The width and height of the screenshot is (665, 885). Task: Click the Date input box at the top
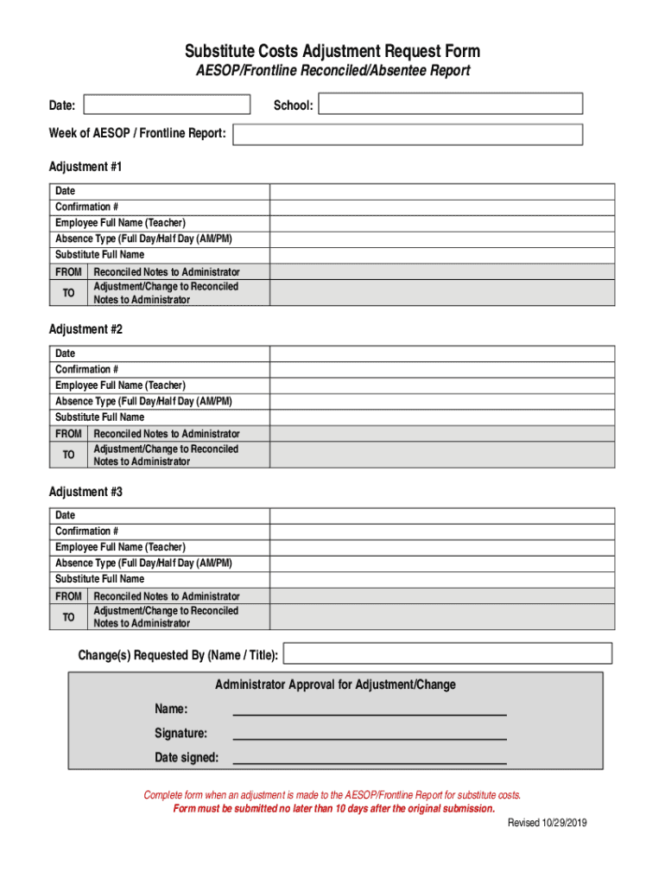click(166, 105)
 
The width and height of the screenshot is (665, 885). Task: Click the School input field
click(450, 105)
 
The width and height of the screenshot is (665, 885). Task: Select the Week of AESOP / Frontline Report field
click(408, 134)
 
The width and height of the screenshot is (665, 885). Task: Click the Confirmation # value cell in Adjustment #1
click(442, 207)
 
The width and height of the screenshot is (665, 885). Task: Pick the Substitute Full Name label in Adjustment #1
click(99, 255)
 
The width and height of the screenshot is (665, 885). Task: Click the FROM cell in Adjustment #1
click(68, 272)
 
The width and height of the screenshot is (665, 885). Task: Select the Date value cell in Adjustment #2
click(442, 353)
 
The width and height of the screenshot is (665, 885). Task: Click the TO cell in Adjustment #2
click(68, 455)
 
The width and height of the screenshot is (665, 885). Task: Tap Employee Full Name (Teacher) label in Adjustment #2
click(120, 385)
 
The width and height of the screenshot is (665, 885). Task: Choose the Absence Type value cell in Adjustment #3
click(442, 563)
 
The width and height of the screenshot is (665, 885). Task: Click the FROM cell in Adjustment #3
click(68, 596)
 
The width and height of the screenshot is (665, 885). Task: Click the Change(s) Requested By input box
click(447, 653)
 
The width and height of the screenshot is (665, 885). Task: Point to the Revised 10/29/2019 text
click(547, 824)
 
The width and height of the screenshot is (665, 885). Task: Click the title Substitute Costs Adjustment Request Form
click(332, 51)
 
